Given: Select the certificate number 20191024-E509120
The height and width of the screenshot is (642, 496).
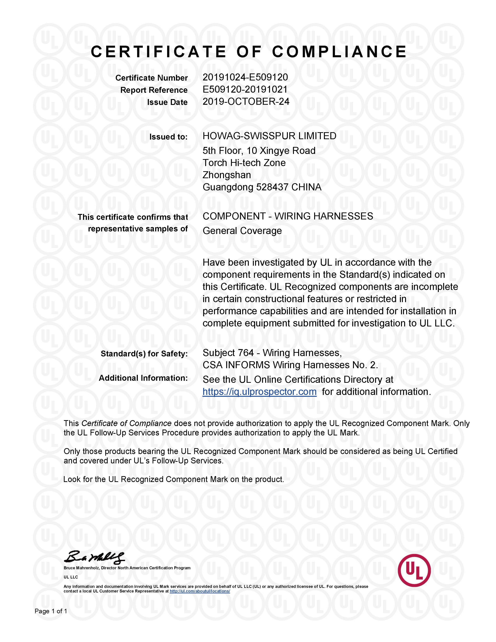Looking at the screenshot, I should click(245, 77).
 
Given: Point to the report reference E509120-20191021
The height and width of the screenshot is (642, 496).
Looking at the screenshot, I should click(245, 89).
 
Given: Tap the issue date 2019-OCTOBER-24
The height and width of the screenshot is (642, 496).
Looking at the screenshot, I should click(246, 102).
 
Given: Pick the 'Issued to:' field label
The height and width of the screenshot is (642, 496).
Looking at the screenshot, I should click(168, 137).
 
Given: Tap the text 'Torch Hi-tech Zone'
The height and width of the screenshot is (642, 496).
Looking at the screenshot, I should click(244, 163).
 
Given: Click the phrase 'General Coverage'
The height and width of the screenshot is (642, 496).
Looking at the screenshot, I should click(242, 231).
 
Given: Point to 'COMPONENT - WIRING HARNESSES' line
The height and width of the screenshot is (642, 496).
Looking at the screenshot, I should click(288, 216).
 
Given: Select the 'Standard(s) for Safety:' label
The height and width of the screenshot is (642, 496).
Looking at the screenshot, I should click(144, 354).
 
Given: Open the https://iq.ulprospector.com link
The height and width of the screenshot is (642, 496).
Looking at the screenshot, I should click(260, 392).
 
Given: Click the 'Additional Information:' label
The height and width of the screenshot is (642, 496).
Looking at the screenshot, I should click(143, 378).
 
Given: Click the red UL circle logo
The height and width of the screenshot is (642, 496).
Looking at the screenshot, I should click(414, 571).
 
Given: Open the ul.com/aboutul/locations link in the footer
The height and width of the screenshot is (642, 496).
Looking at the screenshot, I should click(200, 591).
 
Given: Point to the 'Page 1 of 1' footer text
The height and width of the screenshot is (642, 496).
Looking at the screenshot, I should click(51, 611).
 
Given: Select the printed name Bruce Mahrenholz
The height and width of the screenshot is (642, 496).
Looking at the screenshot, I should click(81, 568).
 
